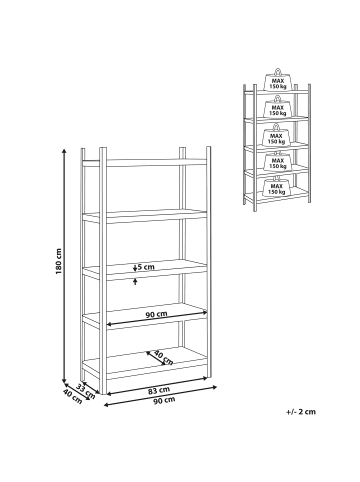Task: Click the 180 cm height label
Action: [59, 261]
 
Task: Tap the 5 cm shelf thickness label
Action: [146, 267]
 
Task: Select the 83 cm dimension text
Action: [159, 390]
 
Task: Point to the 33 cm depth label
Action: [86, 392]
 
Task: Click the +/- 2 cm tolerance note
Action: [301, 412]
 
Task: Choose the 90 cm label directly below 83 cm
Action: [164, 400]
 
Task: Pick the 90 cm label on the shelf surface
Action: [156, 314]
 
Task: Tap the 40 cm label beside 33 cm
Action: [72, 396]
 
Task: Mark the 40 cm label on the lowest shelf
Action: [163, 358]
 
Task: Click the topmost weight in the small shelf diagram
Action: [277, 80]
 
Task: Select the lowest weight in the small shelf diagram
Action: [277, 187]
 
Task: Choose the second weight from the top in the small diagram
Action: [277, 107]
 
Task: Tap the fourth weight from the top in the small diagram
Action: [277, 162]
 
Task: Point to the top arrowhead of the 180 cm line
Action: [64, 151]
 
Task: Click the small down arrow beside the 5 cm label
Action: [135, 268]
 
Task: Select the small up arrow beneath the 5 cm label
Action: [135, 282]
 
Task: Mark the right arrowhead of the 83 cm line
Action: [214, 387]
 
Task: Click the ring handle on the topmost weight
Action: [277, 72]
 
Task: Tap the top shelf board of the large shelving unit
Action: [144, 163]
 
